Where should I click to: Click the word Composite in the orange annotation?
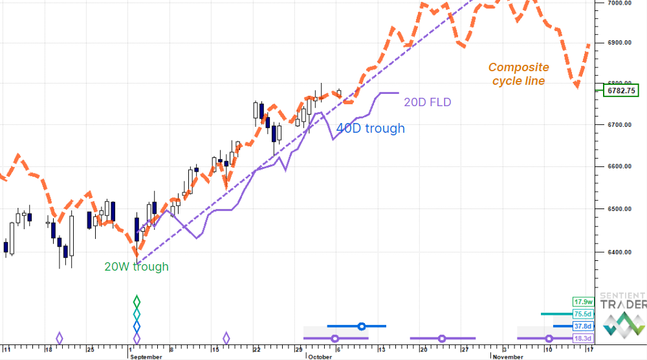(518, 67)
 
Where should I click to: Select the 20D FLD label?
(427, 102)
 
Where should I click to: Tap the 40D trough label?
(370, 128)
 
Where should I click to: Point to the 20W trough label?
(137, 266)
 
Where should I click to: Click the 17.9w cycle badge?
(583, 302)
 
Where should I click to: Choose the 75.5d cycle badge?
(583, 314)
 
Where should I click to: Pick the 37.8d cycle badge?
(583, 326)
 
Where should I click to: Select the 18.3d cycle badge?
(583, 339)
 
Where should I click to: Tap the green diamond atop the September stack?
(137, 301)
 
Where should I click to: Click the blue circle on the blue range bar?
(362, 326)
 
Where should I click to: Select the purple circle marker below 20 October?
(442, 338)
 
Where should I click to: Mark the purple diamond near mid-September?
(226, 338)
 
